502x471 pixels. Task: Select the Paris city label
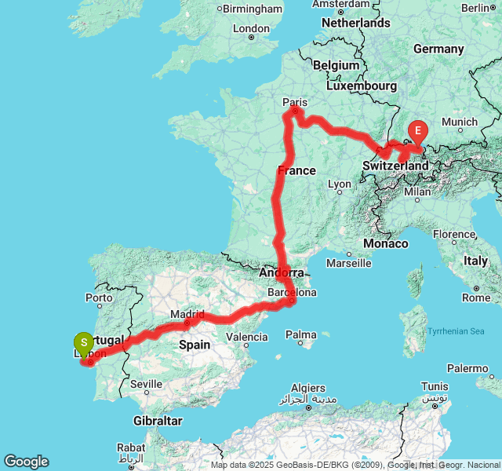pos(295,101)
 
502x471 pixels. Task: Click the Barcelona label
pos(292,293)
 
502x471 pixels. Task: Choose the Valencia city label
pos(246,337)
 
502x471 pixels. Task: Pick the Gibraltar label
pos(158,421)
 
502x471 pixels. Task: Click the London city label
pos(251,28)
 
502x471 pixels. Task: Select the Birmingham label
pos(252,9)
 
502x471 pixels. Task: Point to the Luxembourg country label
pos(363,85)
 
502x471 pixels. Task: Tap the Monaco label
pos(386,244)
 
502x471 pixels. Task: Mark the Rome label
pos(476,298)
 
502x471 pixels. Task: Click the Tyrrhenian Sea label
pos(456,331)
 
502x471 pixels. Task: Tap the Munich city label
pos(459,122)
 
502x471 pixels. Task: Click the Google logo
pos(26,462)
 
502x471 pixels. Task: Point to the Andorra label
pos(280,273)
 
